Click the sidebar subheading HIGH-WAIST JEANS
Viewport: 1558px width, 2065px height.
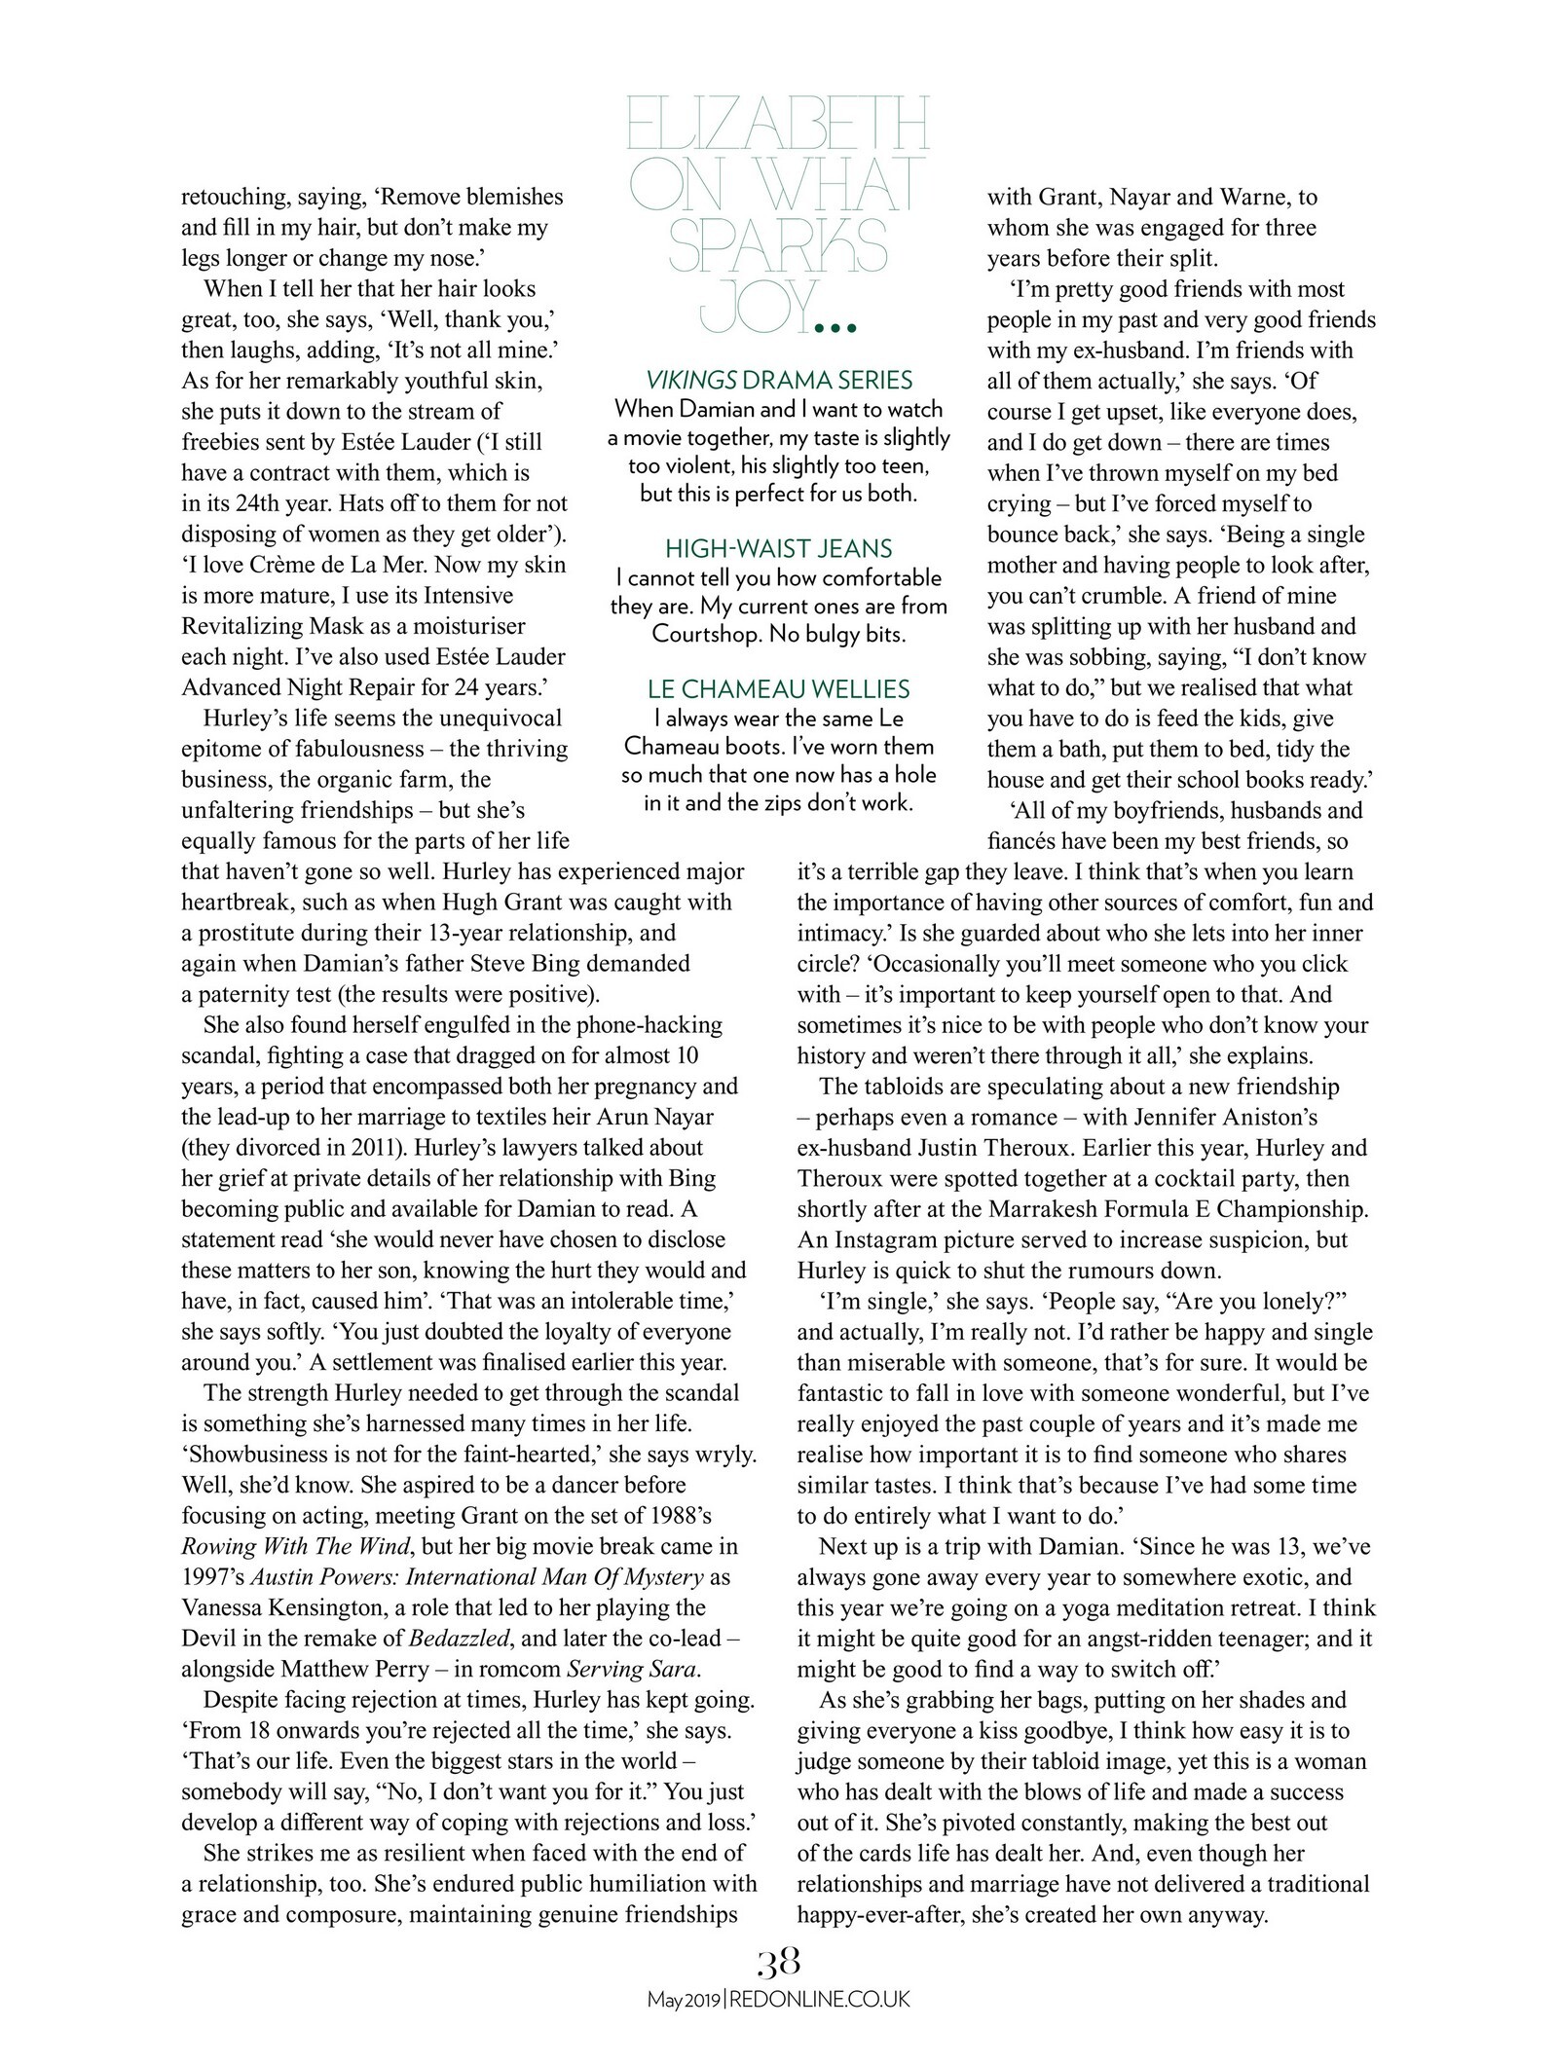click(778, 548)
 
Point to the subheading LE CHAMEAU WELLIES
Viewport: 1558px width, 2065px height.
click(778, 689)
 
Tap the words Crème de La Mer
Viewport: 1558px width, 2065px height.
click(341, 564)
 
